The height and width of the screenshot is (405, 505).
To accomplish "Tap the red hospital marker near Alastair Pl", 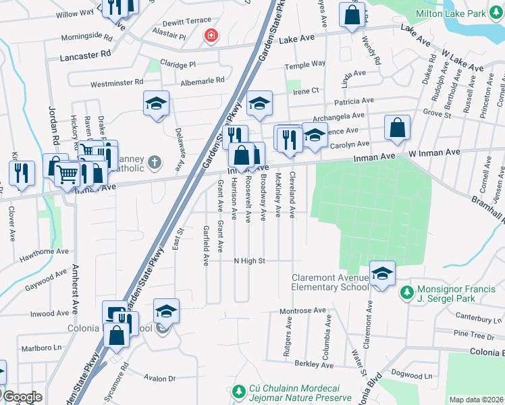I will [x=213, y=35].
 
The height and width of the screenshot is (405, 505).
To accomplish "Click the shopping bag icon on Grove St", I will [x=397, y=126].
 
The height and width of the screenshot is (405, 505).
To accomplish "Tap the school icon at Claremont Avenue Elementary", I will [x=382, y=273].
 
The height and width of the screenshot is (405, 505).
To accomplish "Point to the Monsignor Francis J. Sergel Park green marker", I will [x=406, y=292].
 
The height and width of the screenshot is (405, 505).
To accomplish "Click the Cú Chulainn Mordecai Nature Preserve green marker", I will [x=237, y=391].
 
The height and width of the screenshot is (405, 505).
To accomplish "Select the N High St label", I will [x=250, y=261].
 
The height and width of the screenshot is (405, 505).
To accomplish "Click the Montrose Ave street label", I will [x=302, y=310].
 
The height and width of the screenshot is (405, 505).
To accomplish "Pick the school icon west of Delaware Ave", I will [x=156, y=103].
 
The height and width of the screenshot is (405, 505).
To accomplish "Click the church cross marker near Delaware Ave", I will [x=155, y=162].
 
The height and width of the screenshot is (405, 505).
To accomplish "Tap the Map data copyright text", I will [x=475, y=400].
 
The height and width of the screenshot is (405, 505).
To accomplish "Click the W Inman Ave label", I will [x=434, y=153].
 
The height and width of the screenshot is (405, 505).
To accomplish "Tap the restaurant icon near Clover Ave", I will [x=22, y=172].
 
